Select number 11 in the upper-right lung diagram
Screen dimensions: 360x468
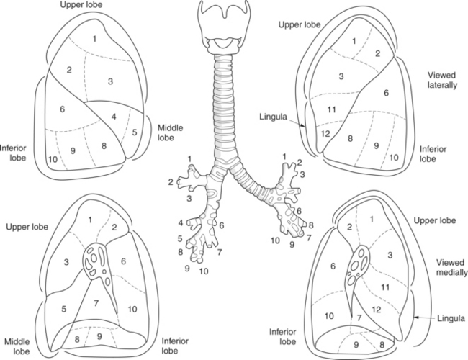click(x=333, y=109)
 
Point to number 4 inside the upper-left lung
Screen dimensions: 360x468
click(x=114, y=116)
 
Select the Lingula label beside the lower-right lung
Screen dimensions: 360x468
click(x=449, y=318)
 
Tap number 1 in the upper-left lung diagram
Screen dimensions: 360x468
click(x=94, y=37)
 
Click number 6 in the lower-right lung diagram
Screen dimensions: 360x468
click(x=333, y=266)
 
